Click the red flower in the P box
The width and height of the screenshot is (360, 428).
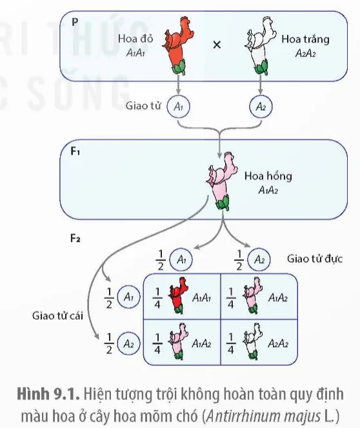177,46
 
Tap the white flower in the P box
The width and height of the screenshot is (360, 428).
260,46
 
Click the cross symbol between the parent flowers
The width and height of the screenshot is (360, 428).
217,44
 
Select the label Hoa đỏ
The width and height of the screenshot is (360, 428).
135,39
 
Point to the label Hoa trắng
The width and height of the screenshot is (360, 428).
305,39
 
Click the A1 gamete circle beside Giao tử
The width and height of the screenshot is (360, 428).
178,106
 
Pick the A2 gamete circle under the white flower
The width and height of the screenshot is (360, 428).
261,106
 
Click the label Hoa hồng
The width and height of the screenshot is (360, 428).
268,177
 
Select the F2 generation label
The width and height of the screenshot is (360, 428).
75,238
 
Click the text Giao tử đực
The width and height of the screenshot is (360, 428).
315,258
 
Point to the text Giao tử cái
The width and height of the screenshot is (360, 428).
57,316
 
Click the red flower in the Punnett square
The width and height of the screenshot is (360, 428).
179,295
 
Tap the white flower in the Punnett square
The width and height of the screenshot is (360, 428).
253,342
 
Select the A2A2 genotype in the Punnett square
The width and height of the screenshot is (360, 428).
278,344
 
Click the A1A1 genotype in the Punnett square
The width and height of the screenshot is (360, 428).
201,298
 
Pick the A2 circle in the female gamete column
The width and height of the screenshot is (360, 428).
128,344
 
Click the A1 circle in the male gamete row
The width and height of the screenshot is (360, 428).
181,259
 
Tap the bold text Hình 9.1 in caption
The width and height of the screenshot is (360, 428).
48,394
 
